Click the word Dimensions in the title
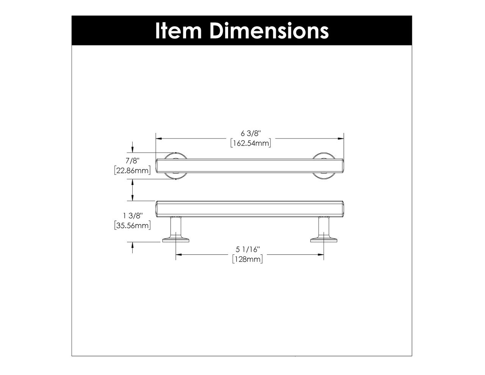pyautogui.click(x=269, y=30)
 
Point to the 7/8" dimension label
pyautogui.click(x=132, y=161)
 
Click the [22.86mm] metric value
pyautogui.click(x=132, y=170)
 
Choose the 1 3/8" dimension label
pyautogui.click(x=132, y=216)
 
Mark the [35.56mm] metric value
pyautogui.click(x=132, y=225)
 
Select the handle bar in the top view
pyautogui.click(x=250, y=166)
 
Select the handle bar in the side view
pyautogui.click(x=250, y=209)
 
